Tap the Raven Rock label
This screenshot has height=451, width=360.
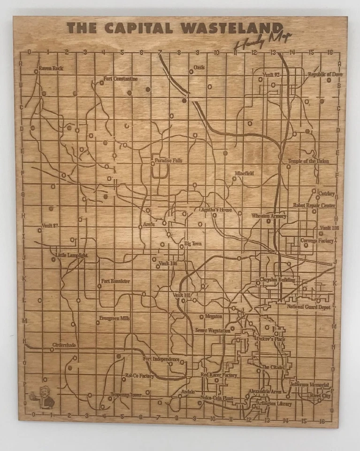[x=51, y=69]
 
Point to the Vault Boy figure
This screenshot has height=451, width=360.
[x=44, y=396]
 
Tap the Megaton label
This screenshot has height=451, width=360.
[x=214, y=317]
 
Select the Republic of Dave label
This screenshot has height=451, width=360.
[x=325, y=74]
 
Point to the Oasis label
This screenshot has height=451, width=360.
[x=199, y=68]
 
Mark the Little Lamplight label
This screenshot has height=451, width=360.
[x=72, y=256]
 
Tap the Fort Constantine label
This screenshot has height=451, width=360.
[x=121, y=79]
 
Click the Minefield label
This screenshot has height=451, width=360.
[x=245, y=173]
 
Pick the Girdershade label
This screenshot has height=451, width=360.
[x=64, y=345]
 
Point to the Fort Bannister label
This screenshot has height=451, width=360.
[x=116, y=281]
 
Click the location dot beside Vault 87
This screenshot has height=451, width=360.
[x=40, y=230]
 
